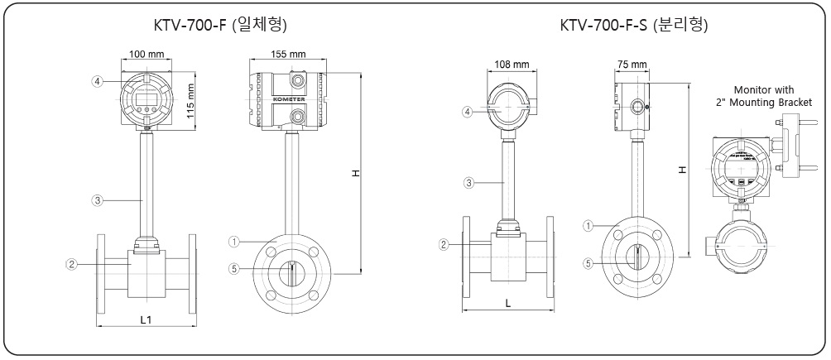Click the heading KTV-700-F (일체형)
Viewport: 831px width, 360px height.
tap(219, 25)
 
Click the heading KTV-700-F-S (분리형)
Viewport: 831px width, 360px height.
tap(633, 25)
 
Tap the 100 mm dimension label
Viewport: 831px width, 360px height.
tap(146, 54)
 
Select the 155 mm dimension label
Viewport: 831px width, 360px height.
tap(288, 54)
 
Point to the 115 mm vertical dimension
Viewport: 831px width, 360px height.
tap(190, 101)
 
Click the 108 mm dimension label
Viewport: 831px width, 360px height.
tap(511, 64)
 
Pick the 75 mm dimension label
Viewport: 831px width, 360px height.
tap(632, 64)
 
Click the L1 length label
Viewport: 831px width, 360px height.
tap(146, 319)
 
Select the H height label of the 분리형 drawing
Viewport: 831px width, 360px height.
tap(682, 169)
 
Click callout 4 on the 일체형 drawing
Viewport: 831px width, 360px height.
tap(98, 81)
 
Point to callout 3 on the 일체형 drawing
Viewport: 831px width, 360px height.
tap(97, 199)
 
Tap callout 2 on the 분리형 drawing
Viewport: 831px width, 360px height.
tap(444, 244)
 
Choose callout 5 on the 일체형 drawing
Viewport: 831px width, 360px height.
tap(233, 267)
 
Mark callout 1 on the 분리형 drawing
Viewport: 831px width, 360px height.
tap(588, 224)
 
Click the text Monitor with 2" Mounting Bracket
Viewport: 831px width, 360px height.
tap(763, 96)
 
